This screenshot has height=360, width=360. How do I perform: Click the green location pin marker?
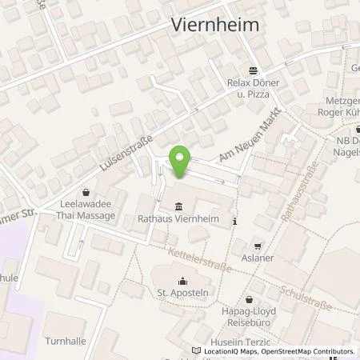click(x=180, y=162)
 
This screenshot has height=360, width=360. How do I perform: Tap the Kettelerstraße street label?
click(x=200, y=261)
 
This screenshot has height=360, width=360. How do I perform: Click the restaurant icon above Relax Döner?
click(x=252, y=70)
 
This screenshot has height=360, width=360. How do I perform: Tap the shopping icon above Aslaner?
click(x=257, y=247)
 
